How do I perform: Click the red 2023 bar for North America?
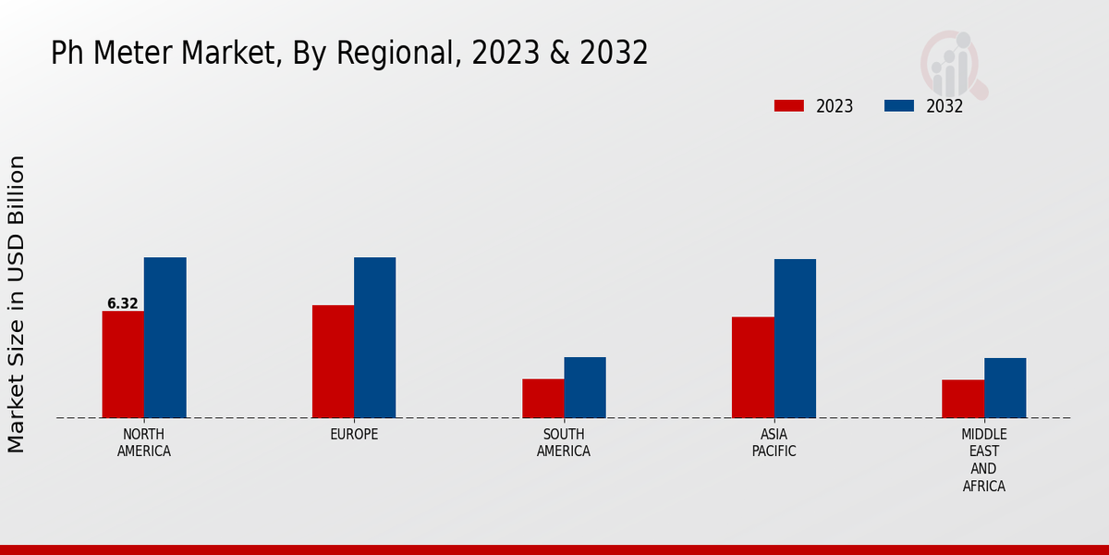tap(123, 364)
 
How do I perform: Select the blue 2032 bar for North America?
tap(165, 338)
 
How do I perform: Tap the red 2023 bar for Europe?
tap(333, 362)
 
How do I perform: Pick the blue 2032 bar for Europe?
tap(374, 338)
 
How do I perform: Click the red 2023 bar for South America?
tap(542, 399)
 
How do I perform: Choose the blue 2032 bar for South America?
tap(585, 388)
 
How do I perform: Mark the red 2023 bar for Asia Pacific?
tap(752, 367)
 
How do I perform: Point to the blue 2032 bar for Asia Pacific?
tap(795, 339)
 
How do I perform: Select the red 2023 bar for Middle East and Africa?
tap(963, 399)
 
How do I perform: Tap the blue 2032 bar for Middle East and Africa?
tap(1005, 388)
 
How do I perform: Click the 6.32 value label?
tap(123, 303)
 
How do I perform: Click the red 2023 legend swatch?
tap(789, 105)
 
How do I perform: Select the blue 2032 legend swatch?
tap(899, 105)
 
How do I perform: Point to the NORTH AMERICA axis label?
tap(144, 443)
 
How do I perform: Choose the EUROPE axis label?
tap(354, 435)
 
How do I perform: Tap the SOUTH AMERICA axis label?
tap(564, 443)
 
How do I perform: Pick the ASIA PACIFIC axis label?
tap(774, 443)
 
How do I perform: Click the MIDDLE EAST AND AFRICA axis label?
tap(983, 460)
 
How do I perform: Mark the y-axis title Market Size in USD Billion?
tap(17, 303)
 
